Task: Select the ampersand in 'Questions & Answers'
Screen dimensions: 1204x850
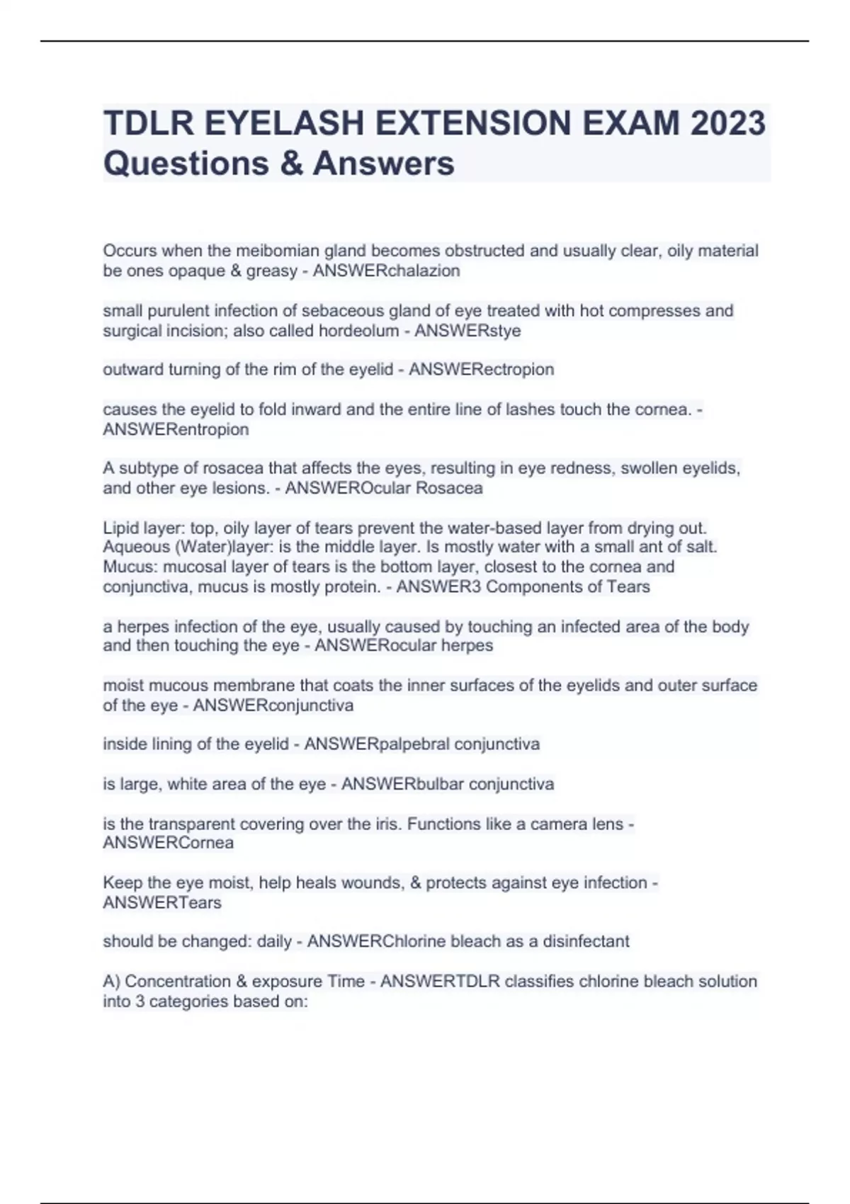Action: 291,163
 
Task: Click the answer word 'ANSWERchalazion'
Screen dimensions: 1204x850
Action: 386,271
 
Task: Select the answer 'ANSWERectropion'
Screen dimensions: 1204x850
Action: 481,369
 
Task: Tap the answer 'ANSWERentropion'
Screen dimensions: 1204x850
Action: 176,429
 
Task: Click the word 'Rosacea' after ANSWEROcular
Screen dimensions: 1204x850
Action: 453,488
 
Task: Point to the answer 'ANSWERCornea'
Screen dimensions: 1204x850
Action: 168,843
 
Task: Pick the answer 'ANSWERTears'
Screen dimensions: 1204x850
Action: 162,902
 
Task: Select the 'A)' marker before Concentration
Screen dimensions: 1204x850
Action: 111,981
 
